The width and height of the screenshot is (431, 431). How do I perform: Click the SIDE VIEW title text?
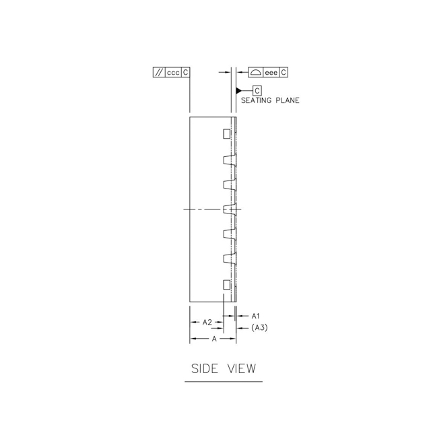point(224,368)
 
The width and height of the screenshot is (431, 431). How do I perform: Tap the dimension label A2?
point(207,322)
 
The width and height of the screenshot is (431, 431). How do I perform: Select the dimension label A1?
point(255,316)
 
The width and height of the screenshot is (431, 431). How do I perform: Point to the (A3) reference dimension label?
point(259,328)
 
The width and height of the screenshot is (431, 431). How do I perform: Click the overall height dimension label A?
point(214,339)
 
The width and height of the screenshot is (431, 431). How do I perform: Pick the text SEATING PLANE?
point(270,100)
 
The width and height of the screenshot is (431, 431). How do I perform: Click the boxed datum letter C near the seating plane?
point(257,91)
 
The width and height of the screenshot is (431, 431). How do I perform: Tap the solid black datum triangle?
point(238,90)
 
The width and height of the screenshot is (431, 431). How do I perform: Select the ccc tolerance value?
point(173,73)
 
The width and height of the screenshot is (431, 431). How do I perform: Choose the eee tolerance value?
point(271,73)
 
